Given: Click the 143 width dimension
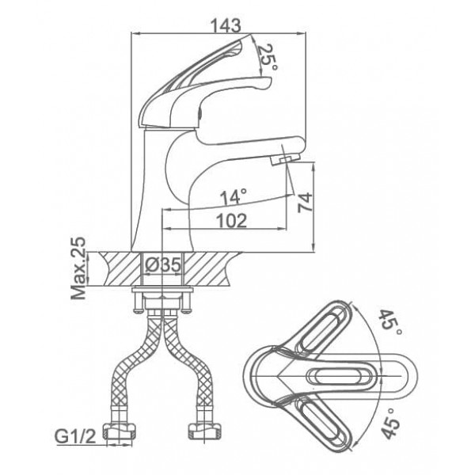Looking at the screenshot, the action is (x=226, y=25).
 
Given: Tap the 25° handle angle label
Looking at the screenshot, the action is (x=268, y=58).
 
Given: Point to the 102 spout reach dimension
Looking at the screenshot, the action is (x=232, y=220).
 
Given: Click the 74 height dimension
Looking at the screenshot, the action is (x=305, y=203).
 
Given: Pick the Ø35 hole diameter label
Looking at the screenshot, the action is (x=162, y=265).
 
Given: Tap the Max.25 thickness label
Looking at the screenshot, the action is (x=78, y=268).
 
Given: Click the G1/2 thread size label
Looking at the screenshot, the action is (x=75, y=436).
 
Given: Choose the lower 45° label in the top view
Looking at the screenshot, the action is (x=391, y=424).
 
